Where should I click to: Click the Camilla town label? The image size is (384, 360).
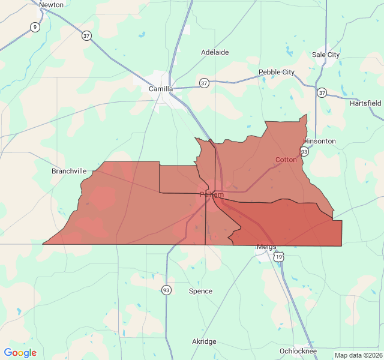click(161, 89)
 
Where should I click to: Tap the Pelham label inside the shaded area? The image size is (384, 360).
click(212, 194)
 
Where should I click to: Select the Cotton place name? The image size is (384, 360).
click(286, 160)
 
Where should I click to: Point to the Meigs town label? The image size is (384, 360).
click(266, 247)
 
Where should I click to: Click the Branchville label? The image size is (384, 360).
click(69, 171)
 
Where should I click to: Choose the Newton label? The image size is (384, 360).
click(51, 5)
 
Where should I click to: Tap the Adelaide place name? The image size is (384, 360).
click(215, 52)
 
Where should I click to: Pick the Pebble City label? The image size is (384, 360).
click(277, 72)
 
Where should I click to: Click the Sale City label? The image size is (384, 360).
click(326, 55)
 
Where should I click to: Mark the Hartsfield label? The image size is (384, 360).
click(365, 103)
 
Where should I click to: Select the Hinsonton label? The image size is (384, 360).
click(320, 141)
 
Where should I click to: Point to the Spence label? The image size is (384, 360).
click(200, 291)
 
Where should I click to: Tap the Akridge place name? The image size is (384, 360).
click(204, 341)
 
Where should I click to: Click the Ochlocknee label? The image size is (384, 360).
click(298, 351)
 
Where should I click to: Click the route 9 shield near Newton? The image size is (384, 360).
click(35, 27)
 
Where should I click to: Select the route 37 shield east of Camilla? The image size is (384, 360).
click(205, 83)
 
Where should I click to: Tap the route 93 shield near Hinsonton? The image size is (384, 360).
click(305, 151)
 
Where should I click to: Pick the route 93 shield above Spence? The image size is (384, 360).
click(166, 290)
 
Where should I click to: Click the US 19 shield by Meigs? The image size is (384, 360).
click(279, 257)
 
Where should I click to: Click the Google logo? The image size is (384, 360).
click(20, 353)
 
